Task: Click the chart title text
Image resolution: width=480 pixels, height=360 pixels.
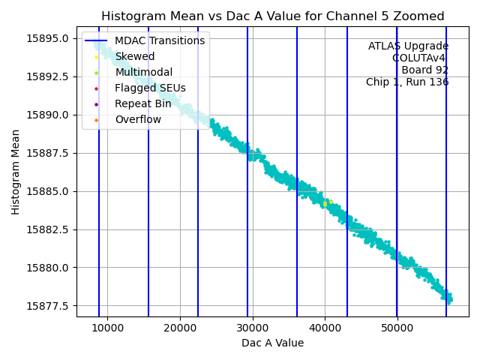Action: (x=273, y=16)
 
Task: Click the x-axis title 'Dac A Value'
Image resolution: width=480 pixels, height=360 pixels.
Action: (x=272, y=343)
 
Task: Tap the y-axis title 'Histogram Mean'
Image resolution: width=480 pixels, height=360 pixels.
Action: (x=16, y=172)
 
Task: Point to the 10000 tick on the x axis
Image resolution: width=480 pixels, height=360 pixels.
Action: (x=107, y=328)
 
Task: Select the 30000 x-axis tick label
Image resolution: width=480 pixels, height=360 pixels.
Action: (x=252, y=328)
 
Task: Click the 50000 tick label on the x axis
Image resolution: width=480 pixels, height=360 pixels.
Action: (x=397, y=328)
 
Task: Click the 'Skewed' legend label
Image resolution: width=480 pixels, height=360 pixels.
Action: (x=135, y=56)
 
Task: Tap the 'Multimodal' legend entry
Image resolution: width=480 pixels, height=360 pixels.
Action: (x=143, y=72)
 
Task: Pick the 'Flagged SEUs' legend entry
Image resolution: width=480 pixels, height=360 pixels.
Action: (x=150, y=88)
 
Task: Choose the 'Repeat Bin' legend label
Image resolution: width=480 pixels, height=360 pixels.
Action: (x=142, y=103)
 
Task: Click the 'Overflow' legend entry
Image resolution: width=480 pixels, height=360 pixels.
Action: (x=138, y=119)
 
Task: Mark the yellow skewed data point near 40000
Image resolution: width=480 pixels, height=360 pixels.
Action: (x=325, y=203)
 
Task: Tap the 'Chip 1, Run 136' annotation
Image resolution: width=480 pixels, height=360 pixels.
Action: (x=407, y=82)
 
